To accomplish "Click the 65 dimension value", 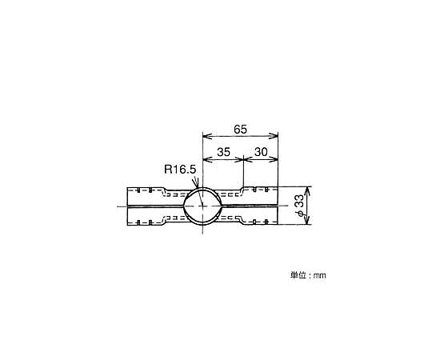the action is coord(241,129).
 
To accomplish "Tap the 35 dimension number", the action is coord(223,152).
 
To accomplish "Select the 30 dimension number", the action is coord(261,152).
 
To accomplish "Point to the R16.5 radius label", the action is coord(180,169).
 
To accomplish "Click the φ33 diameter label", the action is coord(300,205).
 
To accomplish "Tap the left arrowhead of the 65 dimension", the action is coord(207,136).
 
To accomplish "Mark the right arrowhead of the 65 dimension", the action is coord(274,136).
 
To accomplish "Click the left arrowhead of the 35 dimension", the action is coord(207,159).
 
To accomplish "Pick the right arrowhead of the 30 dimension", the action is coord(274,159).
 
